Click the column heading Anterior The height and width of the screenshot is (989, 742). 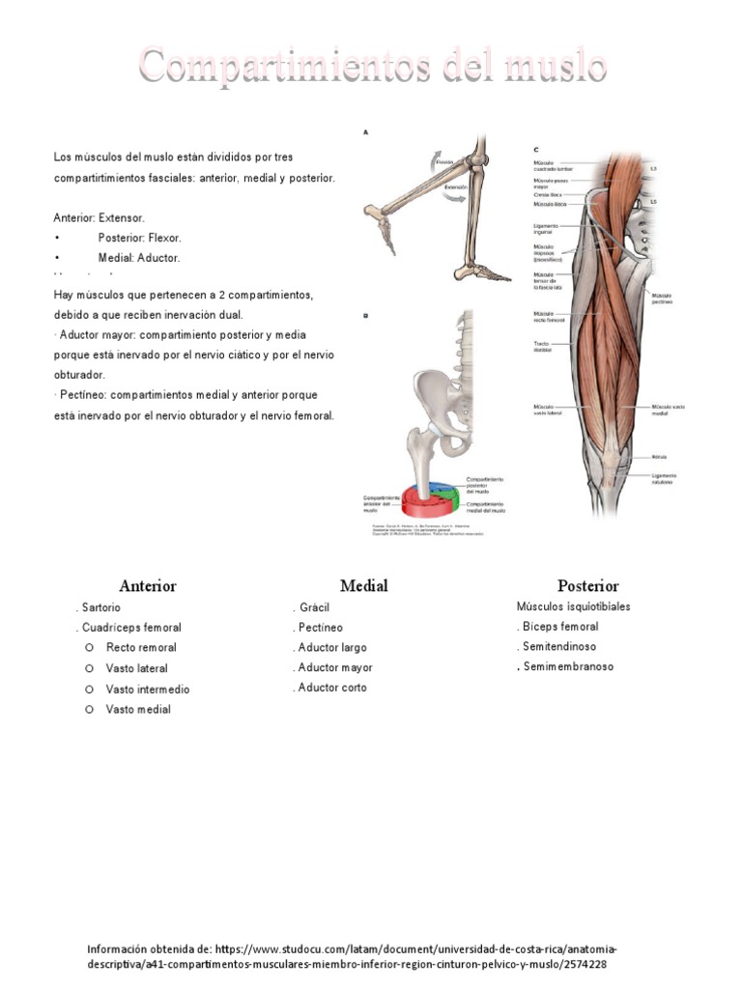tap(147, 585)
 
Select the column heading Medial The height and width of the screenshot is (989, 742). tap(363, 585)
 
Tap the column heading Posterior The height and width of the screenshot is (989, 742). tap(587, 585)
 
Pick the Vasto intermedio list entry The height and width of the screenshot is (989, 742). tap(148, 690)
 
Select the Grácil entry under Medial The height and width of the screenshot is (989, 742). tap(315, 608)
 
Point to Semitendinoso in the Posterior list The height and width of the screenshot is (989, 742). tap(559, 646)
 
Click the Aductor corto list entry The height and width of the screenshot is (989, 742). tap(332, 688)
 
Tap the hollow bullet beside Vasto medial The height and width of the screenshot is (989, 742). tap(88, 709)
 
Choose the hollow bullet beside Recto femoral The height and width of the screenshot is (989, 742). tap(88, 647)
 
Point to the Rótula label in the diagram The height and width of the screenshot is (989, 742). tap(659, 456)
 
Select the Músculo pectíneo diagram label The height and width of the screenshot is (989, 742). tap(663, 298)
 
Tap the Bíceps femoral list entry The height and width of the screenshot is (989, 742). tap(559, 627)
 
